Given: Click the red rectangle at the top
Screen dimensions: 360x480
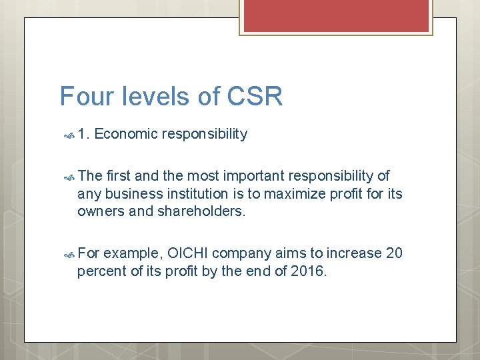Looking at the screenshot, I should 336,15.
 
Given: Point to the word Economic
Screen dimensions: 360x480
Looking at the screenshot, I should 125,134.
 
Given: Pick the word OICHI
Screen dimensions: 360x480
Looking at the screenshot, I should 189,253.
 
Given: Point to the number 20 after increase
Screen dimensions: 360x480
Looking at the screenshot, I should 394,253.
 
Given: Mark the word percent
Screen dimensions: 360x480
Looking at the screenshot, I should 99,271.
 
